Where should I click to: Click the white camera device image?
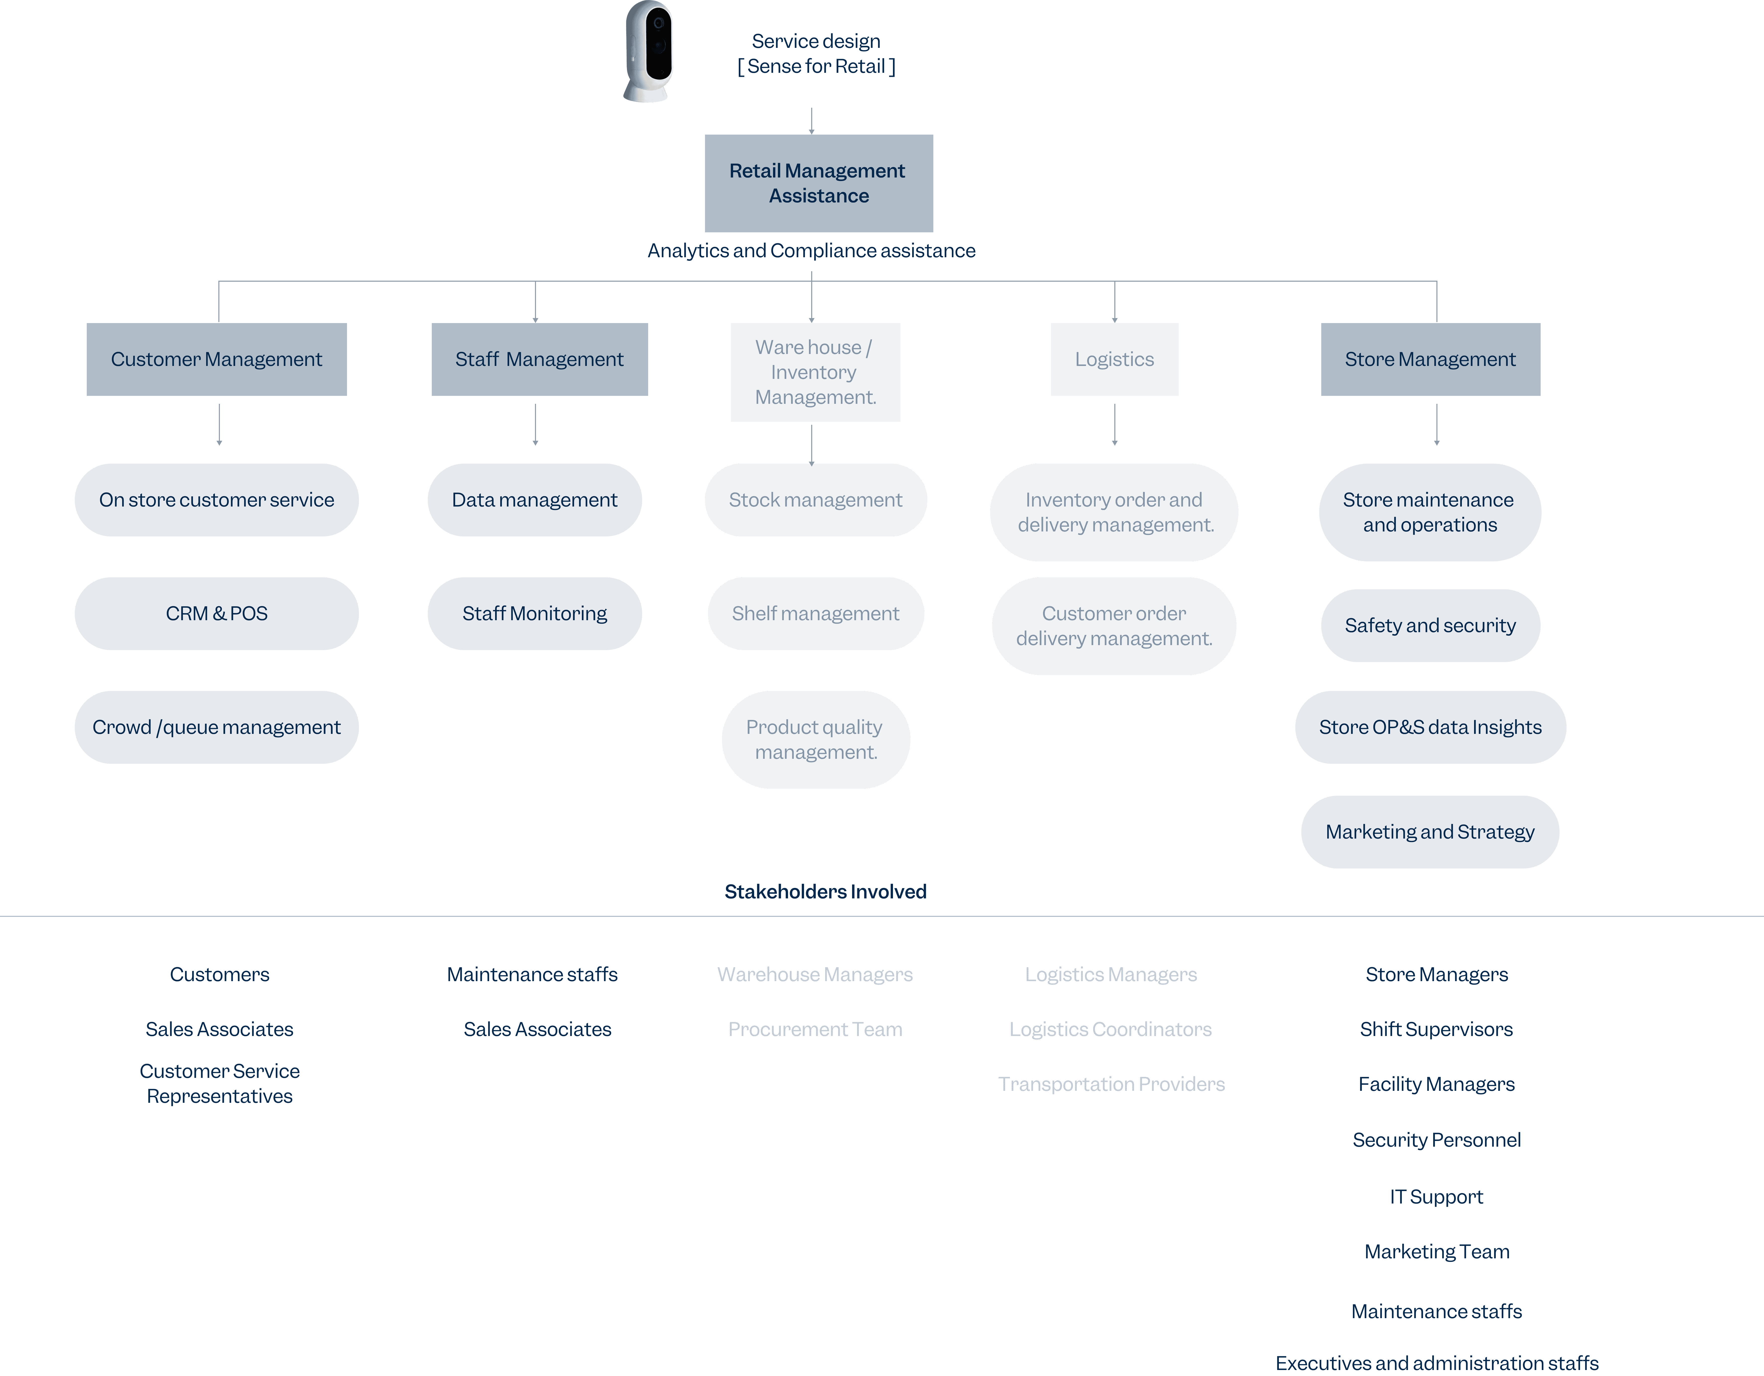649,51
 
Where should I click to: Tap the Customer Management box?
216,359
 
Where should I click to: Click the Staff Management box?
539,359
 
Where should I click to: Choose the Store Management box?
1430,359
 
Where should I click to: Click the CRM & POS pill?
216,614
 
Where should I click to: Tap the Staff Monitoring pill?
535,614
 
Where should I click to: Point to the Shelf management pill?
816,614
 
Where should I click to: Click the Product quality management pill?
816,740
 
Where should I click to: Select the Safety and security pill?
1430,626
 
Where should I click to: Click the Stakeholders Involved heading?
825,891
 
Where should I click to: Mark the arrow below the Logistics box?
1115,425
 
